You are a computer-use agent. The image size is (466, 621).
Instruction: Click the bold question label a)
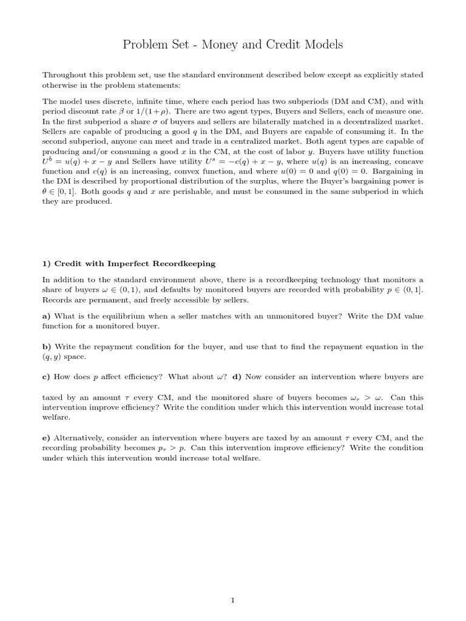coord(47,317)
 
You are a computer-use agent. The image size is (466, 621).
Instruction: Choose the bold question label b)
coord(47,347)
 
